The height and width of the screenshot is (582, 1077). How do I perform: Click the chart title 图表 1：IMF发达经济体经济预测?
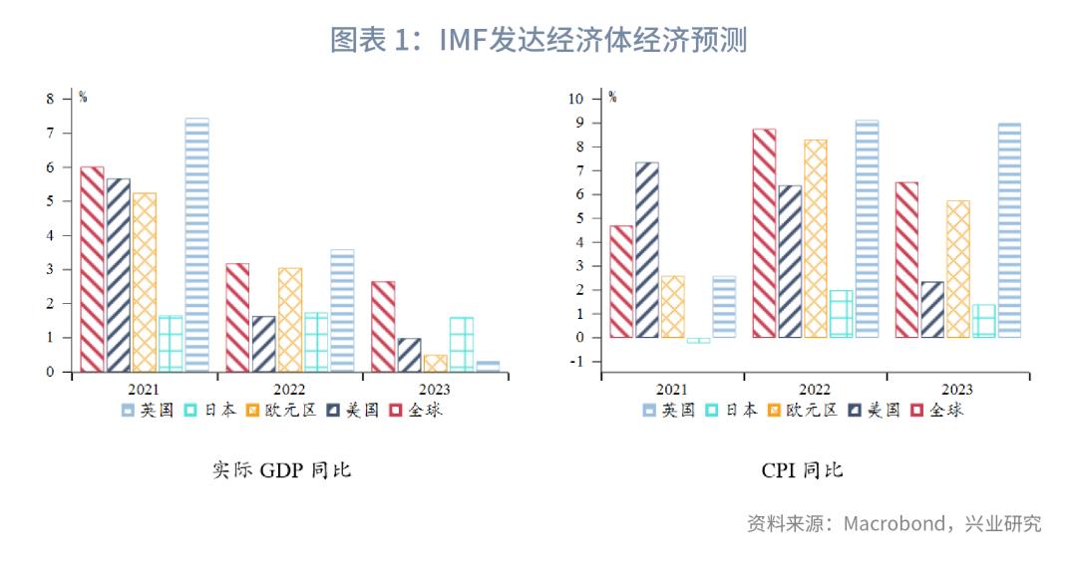tap(538, 40)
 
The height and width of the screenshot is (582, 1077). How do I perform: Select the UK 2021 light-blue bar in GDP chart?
tap(196, 245)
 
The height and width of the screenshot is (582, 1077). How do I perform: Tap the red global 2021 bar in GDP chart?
tap(92, 269)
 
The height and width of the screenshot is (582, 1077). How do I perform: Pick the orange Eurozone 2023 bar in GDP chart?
tap(435, 364)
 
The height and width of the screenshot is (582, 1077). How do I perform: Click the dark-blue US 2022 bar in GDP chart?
tap(264, 344)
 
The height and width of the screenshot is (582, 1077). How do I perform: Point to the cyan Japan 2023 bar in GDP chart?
tap(461, 345)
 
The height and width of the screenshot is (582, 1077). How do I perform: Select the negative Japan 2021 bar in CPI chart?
tap(698, 341)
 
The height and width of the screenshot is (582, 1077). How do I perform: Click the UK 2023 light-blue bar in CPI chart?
tap(1009, 230)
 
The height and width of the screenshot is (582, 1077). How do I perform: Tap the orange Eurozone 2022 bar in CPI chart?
tap(816, 238)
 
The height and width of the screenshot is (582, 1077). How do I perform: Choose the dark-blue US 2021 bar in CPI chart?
tap(646, 250)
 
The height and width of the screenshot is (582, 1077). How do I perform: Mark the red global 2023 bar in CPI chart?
tap(906, 259)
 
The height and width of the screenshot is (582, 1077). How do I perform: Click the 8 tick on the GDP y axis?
tap(51, 99)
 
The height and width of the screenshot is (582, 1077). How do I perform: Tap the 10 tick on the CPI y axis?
tap(575, 99)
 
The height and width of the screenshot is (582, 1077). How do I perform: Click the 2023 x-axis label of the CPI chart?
tap(957, 390)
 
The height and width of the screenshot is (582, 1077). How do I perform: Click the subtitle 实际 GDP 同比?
tap(281, 469)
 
